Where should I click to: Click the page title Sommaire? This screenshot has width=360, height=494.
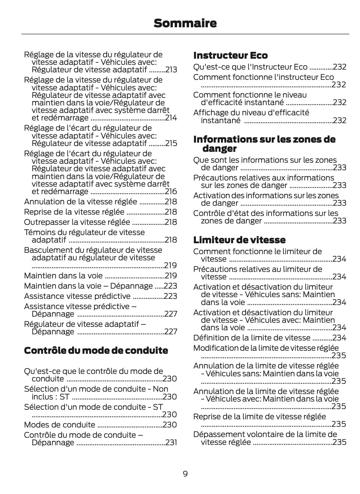coord(185,23)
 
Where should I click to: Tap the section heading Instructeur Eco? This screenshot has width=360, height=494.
coord(230,55)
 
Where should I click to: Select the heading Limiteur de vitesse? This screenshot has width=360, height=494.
coord(239,240)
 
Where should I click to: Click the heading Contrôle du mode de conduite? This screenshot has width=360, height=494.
coord(96,350)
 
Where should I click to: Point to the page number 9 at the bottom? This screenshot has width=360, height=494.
coord(185,474)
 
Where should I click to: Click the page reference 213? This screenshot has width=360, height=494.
coord(171,70)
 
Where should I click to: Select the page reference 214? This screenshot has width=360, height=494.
coord(171,118)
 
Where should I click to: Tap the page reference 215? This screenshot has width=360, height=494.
coord(171,143)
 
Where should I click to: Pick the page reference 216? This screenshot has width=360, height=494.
coord(171,191)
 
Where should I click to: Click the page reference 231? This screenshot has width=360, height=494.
coord(171,442)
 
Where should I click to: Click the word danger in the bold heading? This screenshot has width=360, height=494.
coord(219,149)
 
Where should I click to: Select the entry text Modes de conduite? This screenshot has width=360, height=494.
coord(59,425)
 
